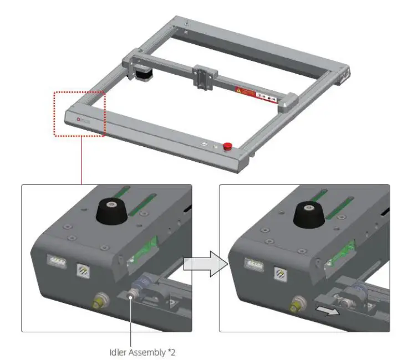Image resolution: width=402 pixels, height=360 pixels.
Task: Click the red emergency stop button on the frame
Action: point(227,146)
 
